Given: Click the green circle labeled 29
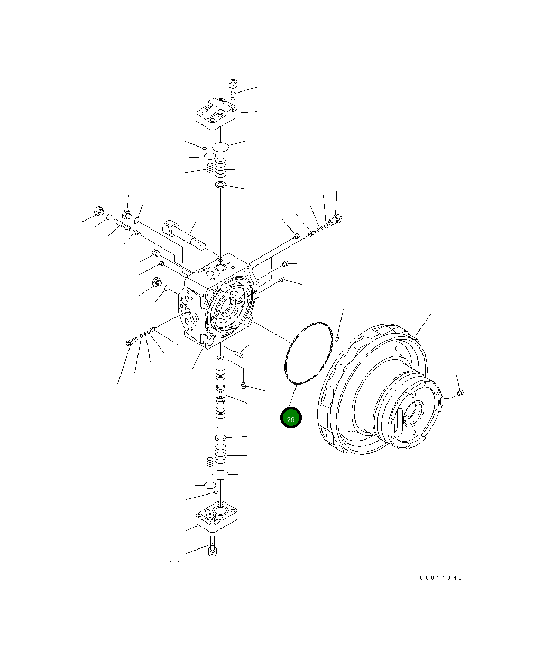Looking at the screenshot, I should point(290,418).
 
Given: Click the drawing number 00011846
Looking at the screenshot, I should point(441,578).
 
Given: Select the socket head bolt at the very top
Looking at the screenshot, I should point(232,89).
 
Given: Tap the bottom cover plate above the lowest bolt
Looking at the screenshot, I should point(216,516).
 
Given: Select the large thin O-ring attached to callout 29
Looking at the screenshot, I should point(308,352).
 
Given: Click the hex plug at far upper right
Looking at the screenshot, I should point(335,218).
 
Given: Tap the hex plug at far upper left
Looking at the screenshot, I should point(97,211).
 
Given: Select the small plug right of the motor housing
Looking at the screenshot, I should point(461,393).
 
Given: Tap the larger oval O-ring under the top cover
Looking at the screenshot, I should point(220,147).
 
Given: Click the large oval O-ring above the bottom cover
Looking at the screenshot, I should point(220,474).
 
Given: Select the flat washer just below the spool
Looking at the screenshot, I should point(220,438).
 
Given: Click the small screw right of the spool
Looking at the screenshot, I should point(243,385).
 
